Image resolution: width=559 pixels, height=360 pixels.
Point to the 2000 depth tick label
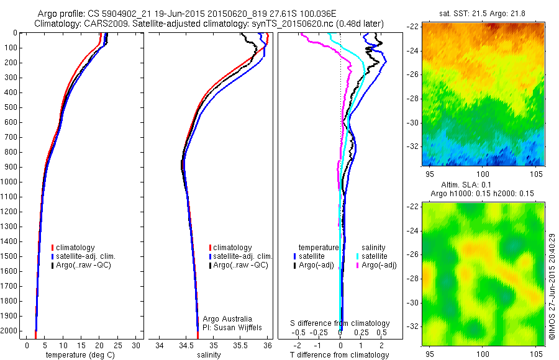coord(11,331)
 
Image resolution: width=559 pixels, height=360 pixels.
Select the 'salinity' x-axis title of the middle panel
coord(207,355)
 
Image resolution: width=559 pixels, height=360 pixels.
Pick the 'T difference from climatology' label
coord(340,355)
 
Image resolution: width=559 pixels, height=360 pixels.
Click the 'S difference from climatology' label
coord(340,323)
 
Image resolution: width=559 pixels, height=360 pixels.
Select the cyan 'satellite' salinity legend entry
coord(373,256)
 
